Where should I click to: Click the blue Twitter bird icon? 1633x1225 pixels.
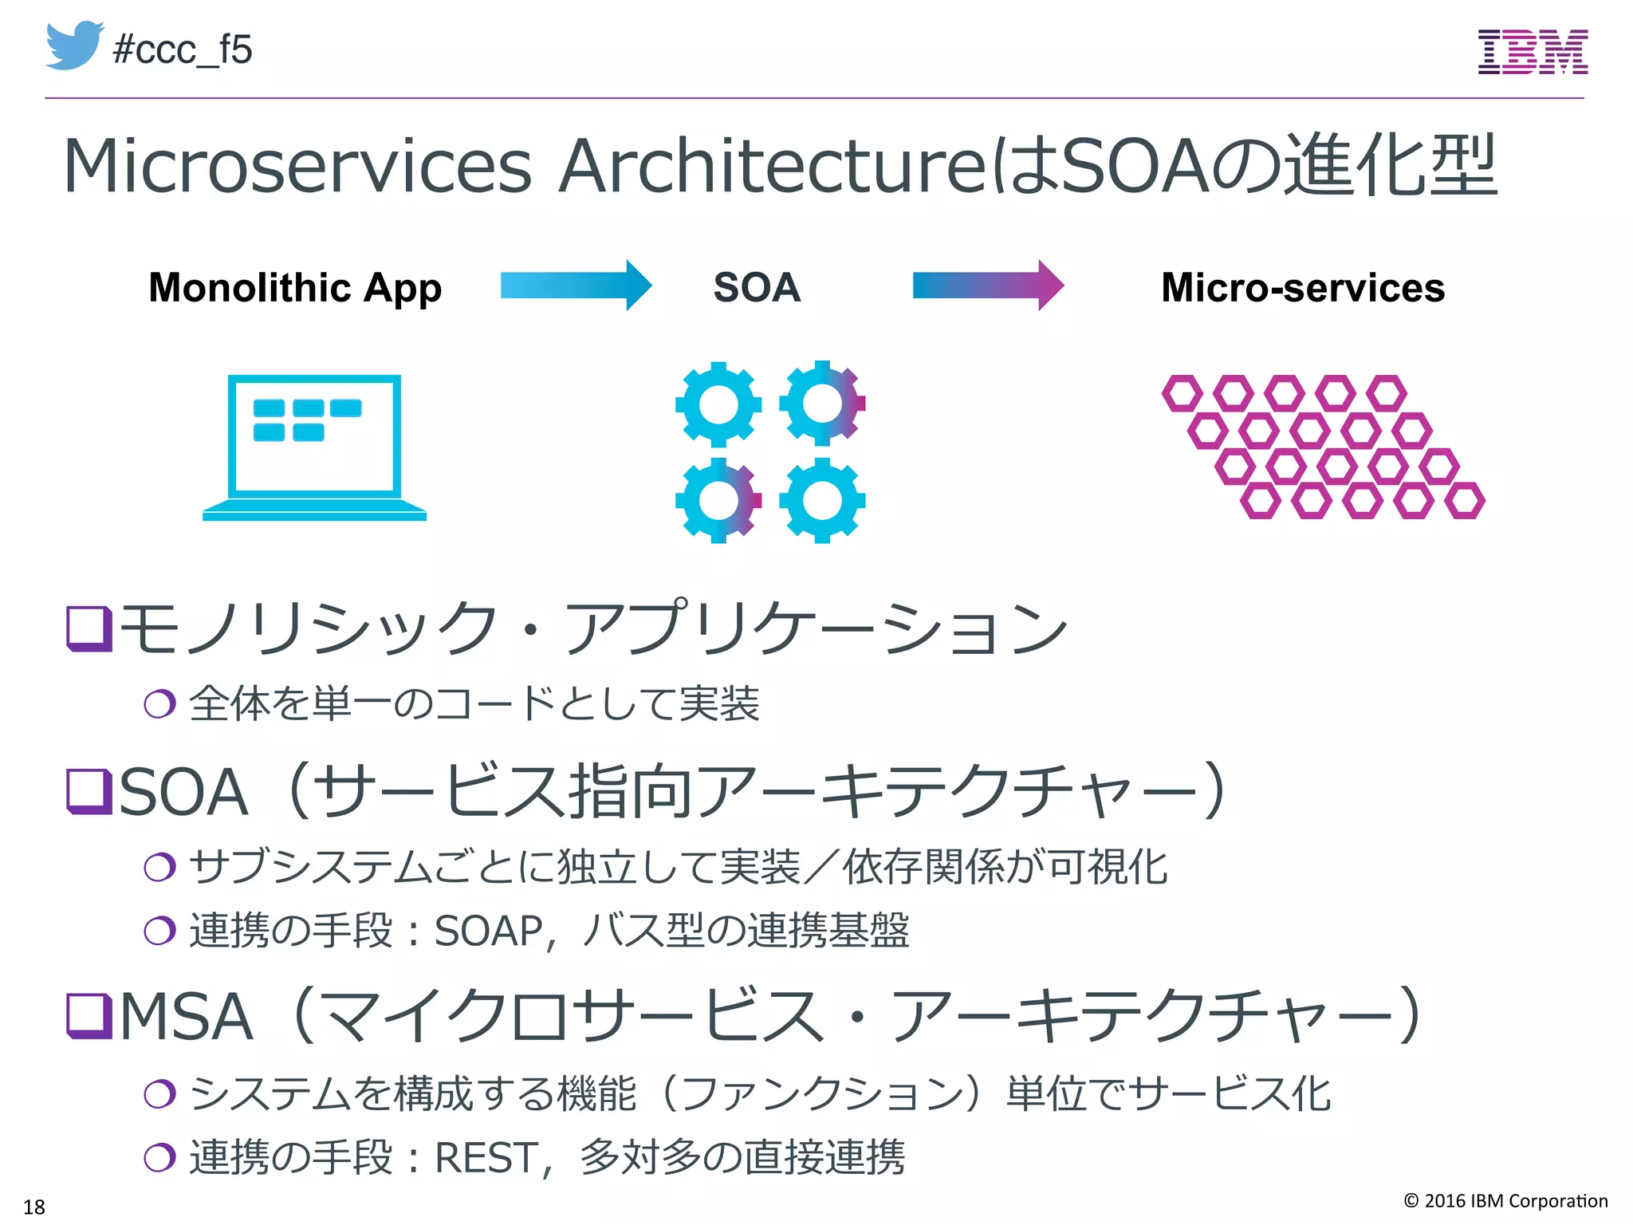coord(74,46)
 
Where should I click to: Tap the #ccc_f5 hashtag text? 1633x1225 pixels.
coord(183,50)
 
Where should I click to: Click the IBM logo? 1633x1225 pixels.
coord(1533,52)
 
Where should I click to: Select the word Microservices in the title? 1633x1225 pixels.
coord(297,166)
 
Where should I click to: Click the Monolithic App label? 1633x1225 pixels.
coord(295,288)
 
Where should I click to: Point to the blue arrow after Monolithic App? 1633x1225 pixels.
coord(576,286)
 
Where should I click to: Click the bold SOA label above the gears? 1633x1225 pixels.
coord(757,287)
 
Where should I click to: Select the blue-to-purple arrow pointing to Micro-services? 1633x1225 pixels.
coord(988,286)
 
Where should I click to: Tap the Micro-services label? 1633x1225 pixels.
coord(1303,288)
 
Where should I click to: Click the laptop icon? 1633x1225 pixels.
coord(314,447)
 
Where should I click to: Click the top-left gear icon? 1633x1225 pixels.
coord(718,404)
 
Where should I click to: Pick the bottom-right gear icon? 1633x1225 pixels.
coord(822,501)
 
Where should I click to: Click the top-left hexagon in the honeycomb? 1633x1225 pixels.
coord(1182,393)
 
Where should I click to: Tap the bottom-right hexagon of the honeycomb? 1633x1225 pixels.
coord(1465,501)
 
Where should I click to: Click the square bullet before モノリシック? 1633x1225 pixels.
coord(89,628)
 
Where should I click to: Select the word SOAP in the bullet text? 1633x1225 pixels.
coord(488,931)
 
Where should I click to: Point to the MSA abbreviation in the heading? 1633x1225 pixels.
coord(186,1017)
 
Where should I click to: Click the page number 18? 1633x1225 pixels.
coord(34,1207)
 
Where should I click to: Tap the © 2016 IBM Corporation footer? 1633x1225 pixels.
coord(1505,1201)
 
